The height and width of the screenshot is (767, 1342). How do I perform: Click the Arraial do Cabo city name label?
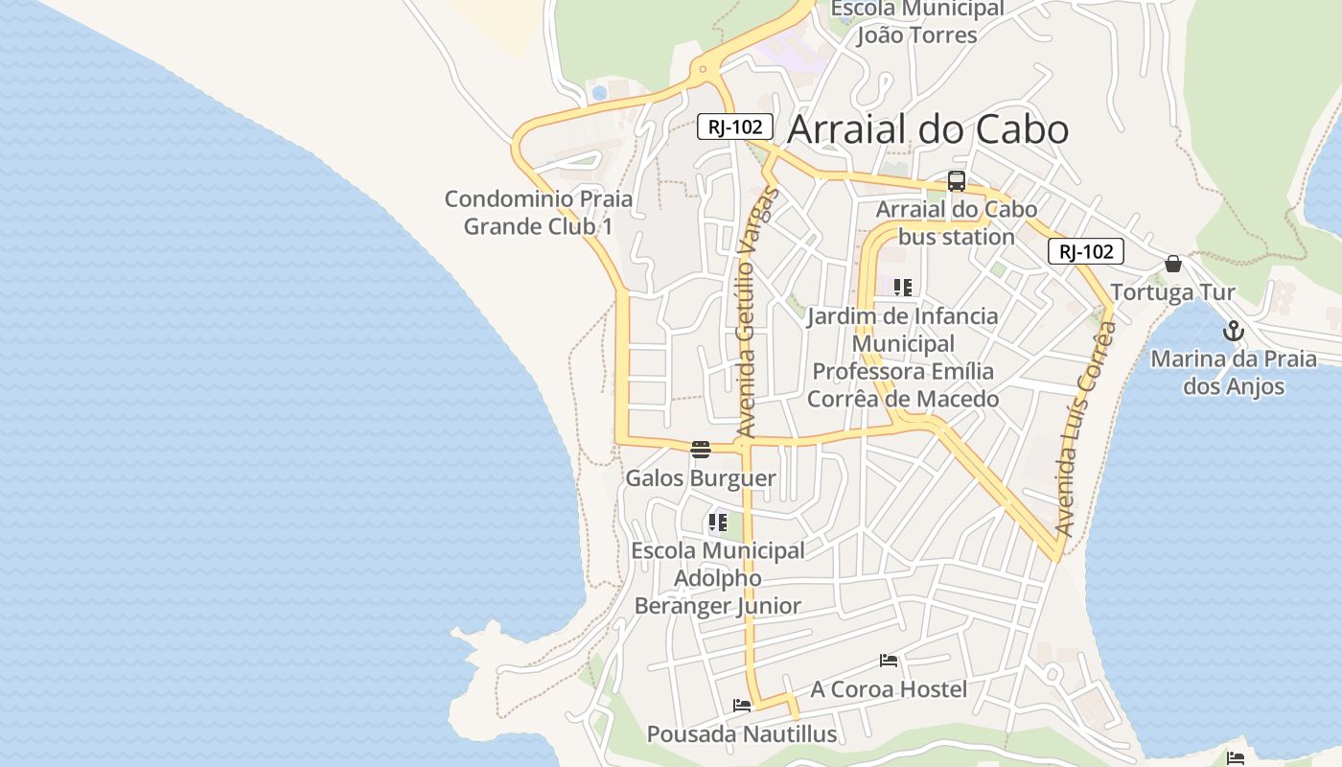click(927, 129)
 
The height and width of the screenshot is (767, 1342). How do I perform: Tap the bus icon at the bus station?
click(956, 180)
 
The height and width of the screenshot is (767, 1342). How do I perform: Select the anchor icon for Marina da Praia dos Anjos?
click(1234, 332)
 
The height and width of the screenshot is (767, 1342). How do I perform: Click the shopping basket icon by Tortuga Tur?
click(1172, 264)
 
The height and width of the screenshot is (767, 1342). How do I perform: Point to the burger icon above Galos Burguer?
click(701, 449)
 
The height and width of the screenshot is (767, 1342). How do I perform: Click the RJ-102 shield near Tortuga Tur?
click(1086, 251)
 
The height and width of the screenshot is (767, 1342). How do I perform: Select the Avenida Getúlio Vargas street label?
click(756, 313)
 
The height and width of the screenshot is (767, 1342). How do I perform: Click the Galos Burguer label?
click(701, 477)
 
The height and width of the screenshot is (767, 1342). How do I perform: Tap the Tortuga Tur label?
click(1172, 292)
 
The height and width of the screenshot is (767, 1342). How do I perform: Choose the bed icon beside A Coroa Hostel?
click(889, 661)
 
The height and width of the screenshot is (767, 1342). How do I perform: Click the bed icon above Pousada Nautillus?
click(742, 706)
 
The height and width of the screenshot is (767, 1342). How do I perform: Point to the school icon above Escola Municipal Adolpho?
click(717, 523)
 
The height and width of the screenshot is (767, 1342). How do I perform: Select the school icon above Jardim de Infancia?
click(902, 287)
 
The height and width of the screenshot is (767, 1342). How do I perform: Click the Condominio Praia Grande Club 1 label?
click(539, 213)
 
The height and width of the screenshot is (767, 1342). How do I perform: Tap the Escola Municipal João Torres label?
click(916, 22)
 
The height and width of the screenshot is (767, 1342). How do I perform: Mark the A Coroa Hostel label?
click(889, 689)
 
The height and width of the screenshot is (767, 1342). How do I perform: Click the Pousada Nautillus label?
click(742, 734)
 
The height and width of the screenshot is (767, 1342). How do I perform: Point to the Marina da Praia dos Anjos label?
click(1234, 373)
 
